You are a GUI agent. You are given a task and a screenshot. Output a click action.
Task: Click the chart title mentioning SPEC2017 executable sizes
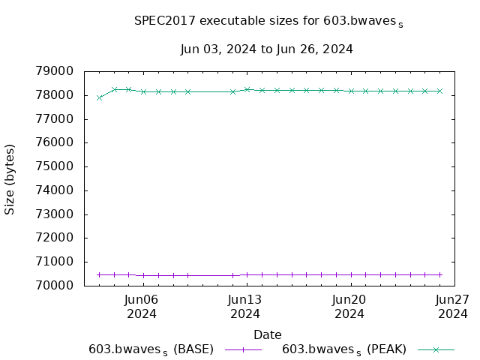tap(268, 21)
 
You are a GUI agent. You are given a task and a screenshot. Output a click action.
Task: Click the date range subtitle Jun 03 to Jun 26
tap(267, 49)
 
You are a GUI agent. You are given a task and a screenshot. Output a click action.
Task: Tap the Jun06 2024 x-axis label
tap(141, 306)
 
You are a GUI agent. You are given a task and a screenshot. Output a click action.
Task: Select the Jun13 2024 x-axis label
tap(245, 306)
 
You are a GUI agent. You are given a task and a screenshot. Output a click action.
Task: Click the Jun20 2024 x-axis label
tap(349, 306)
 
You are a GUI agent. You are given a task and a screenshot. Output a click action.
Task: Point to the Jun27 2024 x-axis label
tap(453, 306)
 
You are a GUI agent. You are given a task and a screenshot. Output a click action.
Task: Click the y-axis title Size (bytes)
tap(10, 178)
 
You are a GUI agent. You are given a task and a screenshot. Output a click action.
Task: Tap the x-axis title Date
tap(267, 334)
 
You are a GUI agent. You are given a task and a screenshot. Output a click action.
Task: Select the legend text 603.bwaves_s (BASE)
tap(151, 349)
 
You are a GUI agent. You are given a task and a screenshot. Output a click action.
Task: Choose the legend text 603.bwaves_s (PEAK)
tap(344, 349)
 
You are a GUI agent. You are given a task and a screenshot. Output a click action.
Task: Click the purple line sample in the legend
tap(243, 349)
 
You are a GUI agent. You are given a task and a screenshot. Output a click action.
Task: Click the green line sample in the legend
tap(436, 349)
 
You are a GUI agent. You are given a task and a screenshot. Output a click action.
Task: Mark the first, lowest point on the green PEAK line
tap(99, 97)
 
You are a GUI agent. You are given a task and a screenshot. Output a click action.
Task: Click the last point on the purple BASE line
tap(439, 274)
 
